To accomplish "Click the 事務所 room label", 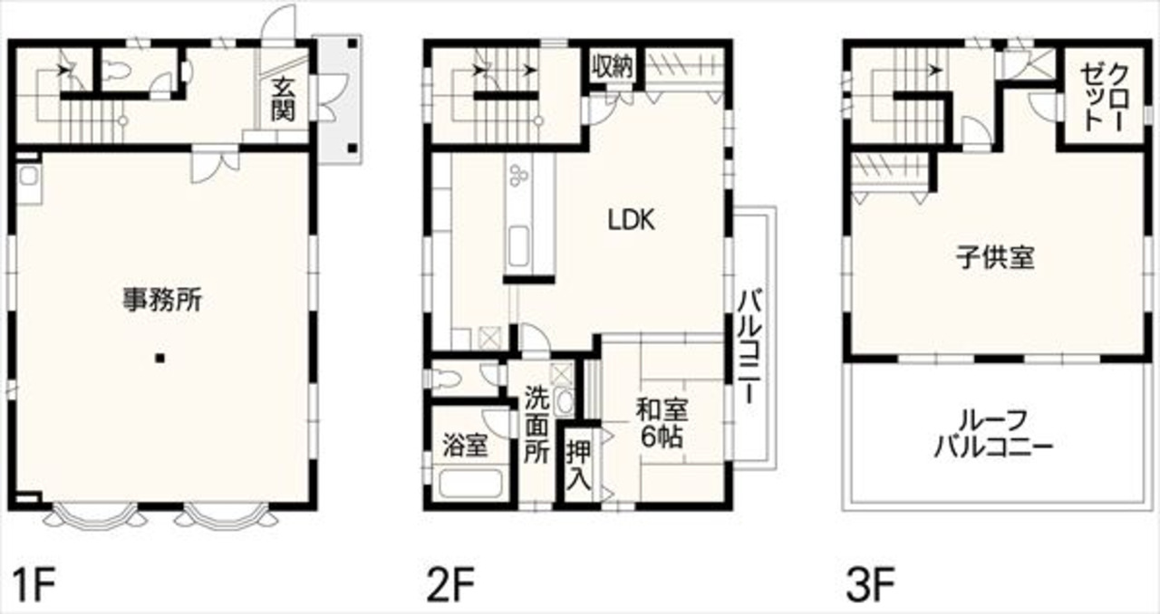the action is [x=161, y=301].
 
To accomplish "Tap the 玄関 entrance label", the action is [x=283, y=99].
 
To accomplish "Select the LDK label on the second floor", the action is [x=631, y=220].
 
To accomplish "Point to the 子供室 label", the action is [x=995, y=257].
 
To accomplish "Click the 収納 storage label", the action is [x=613, y=66].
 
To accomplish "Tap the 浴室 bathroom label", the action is [x=465, y=446].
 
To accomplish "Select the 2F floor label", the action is [x=450, y=585].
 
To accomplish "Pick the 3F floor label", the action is [x=871, y=585].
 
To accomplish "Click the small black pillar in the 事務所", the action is [x=160, y=358].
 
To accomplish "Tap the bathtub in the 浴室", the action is [x=470, y=483].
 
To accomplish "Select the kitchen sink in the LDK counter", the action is [x=518, y=246].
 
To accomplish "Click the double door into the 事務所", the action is [x=215, y=164].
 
